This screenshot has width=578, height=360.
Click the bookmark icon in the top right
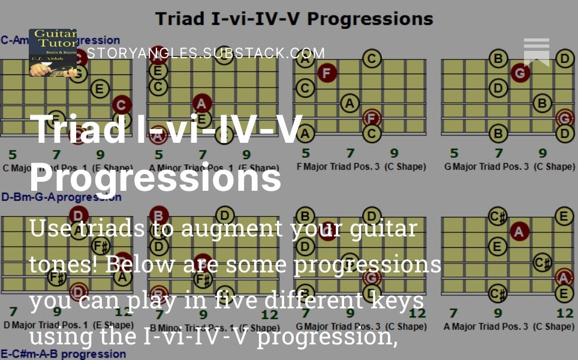(x=536, y=52)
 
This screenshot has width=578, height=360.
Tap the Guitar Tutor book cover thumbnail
(x=53, y=53)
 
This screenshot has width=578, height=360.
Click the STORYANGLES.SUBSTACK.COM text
(x=206, y=53)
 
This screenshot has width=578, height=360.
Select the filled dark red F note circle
(x=326, y=74)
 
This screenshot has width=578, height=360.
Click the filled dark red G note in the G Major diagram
(x=520, y=74)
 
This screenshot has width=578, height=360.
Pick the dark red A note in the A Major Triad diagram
(x=519, y=231)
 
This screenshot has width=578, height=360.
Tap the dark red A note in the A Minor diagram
(x=202, y=104)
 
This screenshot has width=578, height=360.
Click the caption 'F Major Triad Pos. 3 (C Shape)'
(x=361, y=166)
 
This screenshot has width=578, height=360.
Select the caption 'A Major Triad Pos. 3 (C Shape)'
(x=508, y=326)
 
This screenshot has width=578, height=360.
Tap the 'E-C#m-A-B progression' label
(x=63, y=354)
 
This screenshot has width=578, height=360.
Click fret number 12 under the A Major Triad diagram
(x=564, y=313)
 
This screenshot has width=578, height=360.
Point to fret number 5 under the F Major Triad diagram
(x=306, y=154)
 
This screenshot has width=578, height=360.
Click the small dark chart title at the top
(x=294, y=18)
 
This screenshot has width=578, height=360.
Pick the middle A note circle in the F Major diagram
(x=350, y=103)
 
